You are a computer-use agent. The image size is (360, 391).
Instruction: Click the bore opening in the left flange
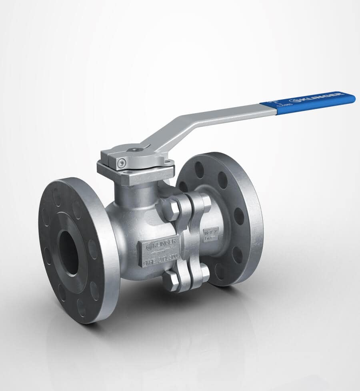pyautogui.click(x=69, y=253)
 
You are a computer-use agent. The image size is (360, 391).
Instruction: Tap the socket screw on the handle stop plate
pyautogui.click(x=121, y=162)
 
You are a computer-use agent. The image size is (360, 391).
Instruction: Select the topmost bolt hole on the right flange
pyautogui.click(x=199, y=170)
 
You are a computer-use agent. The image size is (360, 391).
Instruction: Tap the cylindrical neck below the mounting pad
pyautogui.click(x=134, y=194)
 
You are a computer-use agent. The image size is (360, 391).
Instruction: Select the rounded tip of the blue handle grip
pyautogui.click(x=352, y=97)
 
